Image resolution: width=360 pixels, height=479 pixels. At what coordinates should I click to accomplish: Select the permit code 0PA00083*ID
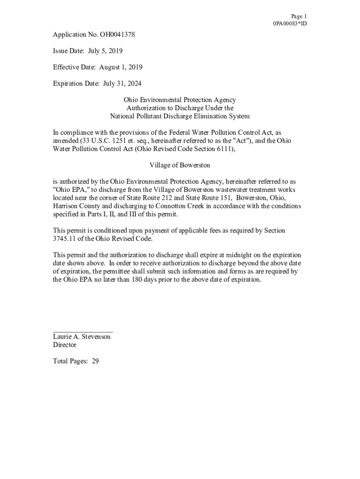tap(290, 23)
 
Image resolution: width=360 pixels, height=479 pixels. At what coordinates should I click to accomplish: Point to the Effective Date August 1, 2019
tap(121, 67)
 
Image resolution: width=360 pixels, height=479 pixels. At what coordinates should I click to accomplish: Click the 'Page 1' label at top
tap(299, 16)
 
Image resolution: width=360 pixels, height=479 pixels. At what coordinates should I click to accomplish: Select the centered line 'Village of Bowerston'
tap(180, 165)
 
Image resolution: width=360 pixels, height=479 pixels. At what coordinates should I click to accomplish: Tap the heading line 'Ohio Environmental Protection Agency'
tap(180, 100)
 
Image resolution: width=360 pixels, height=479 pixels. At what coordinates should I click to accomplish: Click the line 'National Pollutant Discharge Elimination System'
tap(180, 116)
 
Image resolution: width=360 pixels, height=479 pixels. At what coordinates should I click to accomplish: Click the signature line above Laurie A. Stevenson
tap(83, 331)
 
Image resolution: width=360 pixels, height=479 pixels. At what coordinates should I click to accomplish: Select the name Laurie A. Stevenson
tap(82, 337)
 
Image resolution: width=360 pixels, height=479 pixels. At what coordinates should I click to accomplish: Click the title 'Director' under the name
tap(65, 345)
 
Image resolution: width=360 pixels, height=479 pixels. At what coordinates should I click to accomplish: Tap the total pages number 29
tap(95, 361)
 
